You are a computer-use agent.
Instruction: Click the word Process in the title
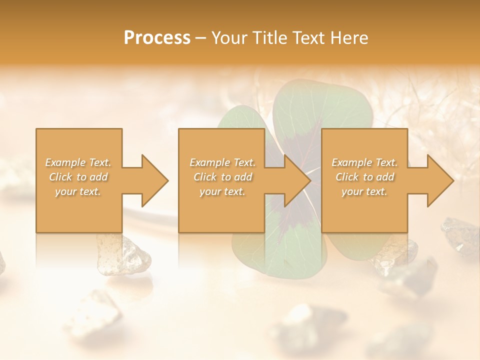point(157,38)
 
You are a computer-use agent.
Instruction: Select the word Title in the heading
point(271,38)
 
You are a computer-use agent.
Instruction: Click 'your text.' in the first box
point(78,191)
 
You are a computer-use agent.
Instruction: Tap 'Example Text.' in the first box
point(78,162)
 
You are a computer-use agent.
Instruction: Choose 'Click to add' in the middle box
point(222,177)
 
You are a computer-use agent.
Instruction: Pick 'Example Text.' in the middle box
point(222,162)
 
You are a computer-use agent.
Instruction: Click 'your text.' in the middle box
point(222,191)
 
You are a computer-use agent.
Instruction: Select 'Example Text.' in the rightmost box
point(364,162)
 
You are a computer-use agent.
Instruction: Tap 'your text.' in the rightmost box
point(364,191)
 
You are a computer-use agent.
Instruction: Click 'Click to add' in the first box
point(78,177)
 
